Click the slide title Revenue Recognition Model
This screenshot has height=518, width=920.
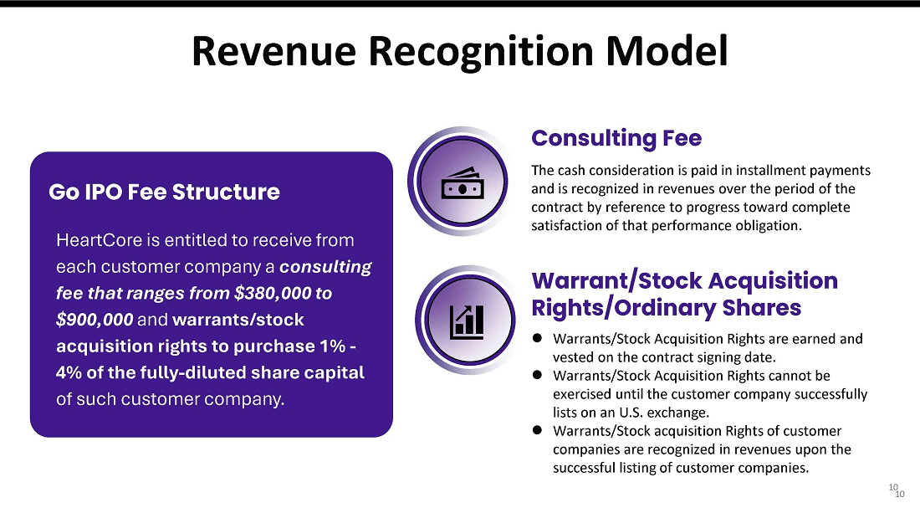tap(459, 51)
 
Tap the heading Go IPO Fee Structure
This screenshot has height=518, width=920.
tap(164, 192)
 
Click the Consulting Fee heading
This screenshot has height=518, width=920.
tap(616, 139)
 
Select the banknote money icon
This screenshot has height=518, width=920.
tap(463, 183)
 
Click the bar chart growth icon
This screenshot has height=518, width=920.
tap(467, 322)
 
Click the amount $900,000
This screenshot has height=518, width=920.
tap(95, 320)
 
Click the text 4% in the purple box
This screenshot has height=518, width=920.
tap(69, 372)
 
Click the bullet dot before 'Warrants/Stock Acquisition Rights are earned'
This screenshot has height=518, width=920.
tap(537, 338)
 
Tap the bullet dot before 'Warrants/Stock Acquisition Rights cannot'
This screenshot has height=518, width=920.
tap(537, 375)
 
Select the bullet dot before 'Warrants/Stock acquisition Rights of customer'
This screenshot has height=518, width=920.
tap(537, 430)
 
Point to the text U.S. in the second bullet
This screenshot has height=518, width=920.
tap(631, 413)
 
